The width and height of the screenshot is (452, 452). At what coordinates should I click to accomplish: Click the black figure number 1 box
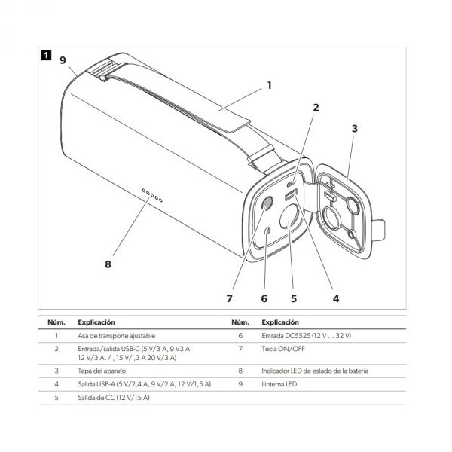(46, 55)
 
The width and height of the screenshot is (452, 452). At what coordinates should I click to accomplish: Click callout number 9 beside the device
(63, 60)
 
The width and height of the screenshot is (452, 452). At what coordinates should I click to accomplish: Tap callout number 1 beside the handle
(269, 85)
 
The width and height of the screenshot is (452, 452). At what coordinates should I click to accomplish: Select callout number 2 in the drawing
(316, 108)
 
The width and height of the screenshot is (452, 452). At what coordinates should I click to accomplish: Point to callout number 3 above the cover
(355, 129)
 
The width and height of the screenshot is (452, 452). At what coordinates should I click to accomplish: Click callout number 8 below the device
(108, 264)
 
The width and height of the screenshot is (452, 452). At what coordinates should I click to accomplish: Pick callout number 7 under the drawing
(229, 298)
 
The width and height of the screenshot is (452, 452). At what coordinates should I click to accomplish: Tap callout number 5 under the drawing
(294, 298)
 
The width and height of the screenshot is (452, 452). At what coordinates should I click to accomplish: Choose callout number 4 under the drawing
(336, 298)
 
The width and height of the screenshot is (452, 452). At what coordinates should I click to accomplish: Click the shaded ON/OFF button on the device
(267, 203)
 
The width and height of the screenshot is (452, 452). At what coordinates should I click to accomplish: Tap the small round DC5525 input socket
(267, 231)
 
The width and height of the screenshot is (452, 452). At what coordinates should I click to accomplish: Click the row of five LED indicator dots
(152, 195)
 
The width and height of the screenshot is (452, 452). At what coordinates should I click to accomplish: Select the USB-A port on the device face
(291, 195)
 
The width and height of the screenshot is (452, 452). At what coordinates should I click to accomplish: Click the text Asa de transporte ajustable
(117, 336)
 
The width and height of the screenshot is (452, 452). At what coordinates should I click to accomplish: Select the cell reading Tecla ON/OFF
(283, 349)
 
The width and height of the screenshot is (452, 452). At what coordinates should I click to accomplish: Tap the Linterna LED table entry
(279, 384)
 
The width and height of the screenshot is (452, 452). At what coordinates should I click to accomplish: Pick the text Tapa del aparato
(102, 371)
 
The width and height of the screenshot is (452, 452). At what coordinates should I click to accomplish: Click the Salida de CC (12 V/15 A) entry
(114, 398)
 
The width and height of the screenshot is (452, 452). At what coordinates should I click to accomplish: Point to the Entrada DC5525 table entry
(306, 336)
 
